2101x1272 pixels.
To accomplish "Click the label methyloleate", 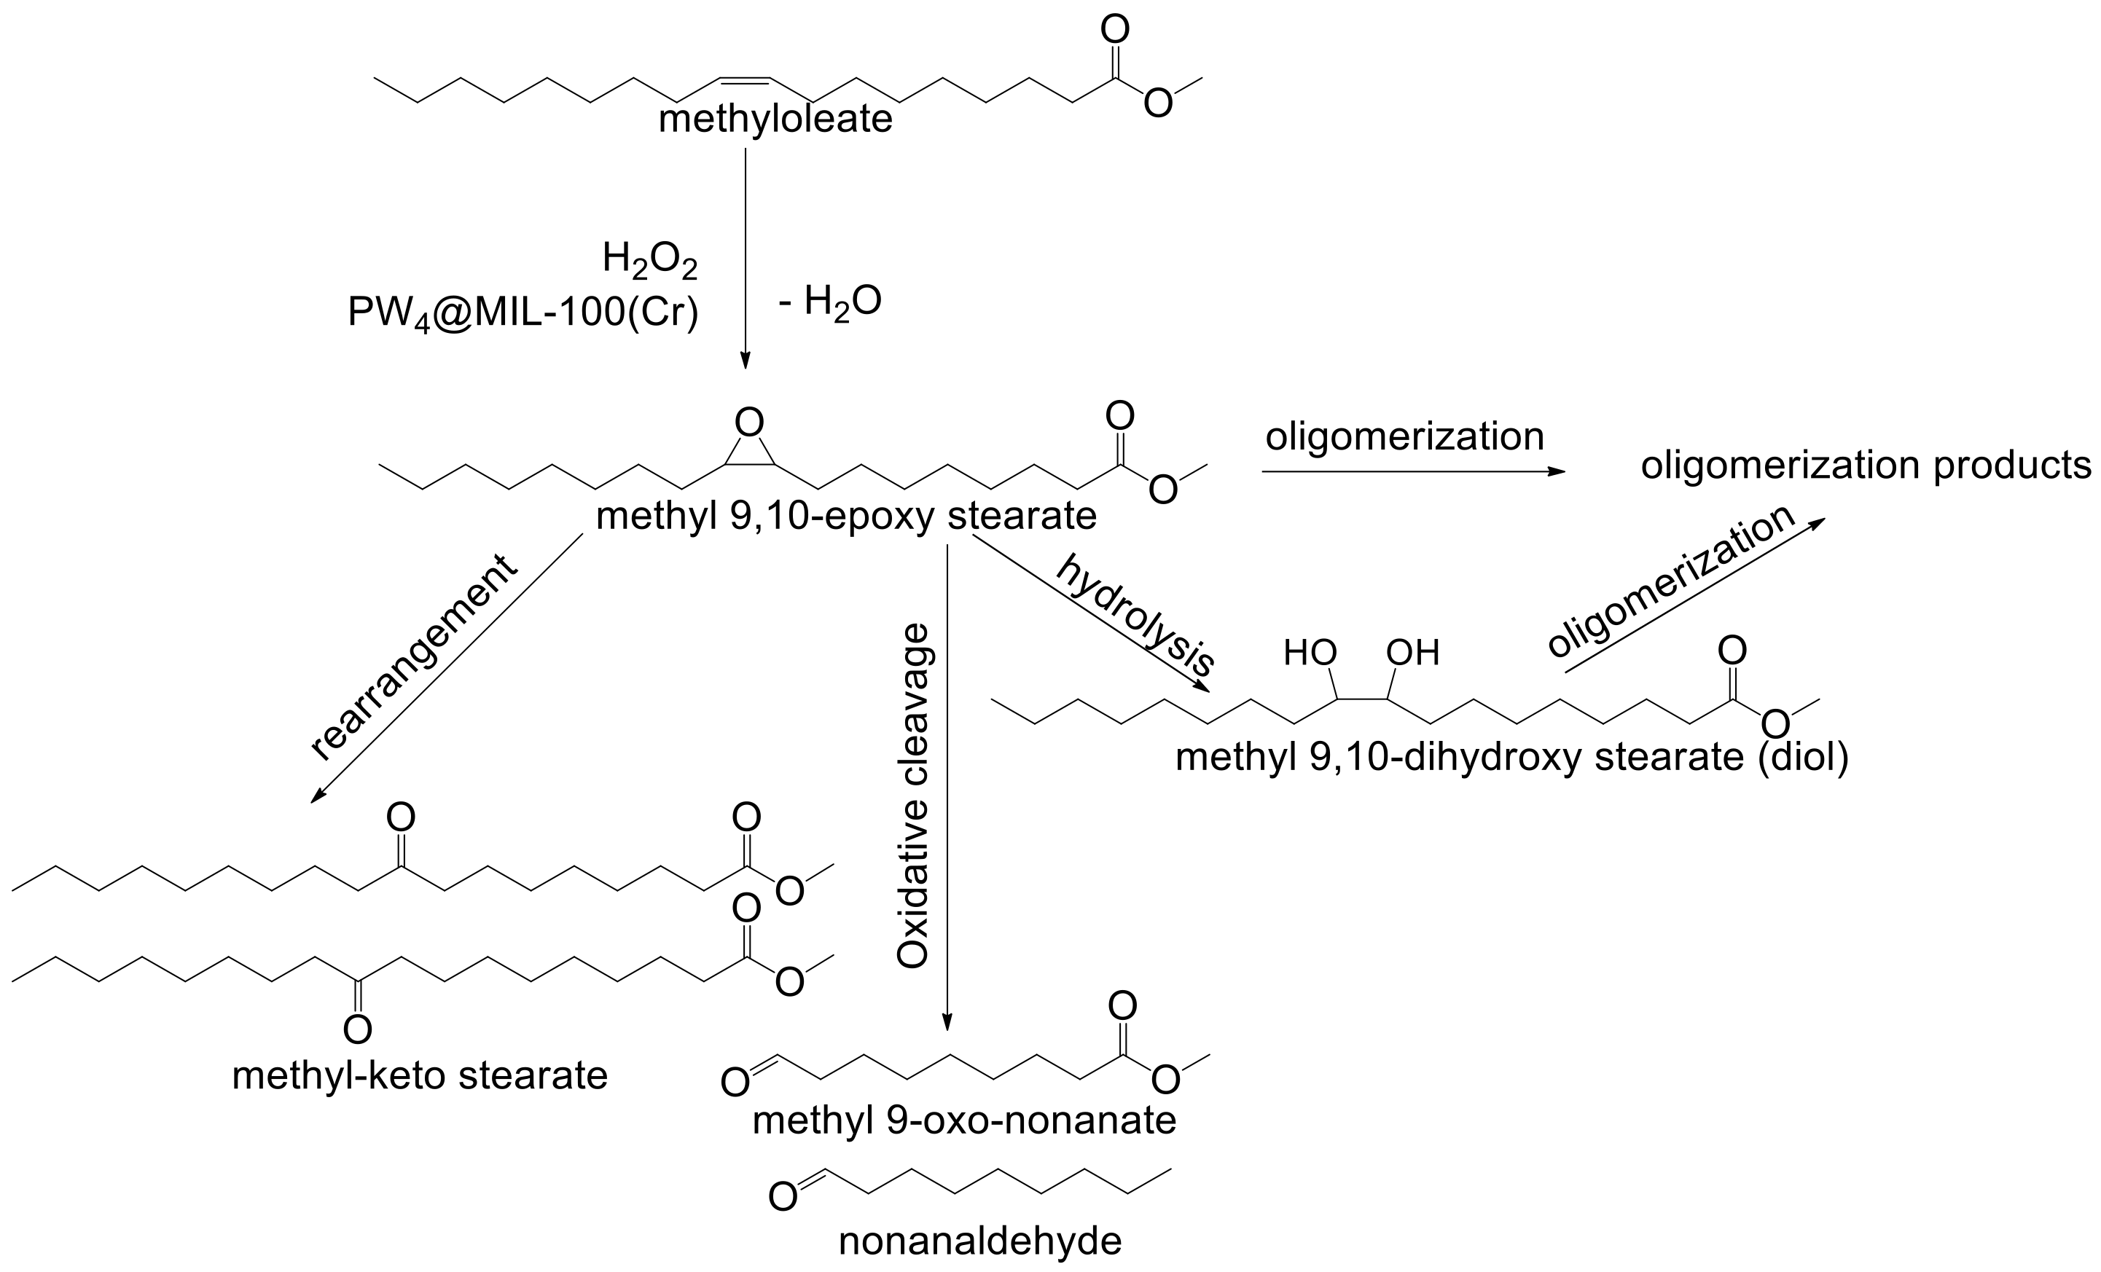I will click(x=775, y=119).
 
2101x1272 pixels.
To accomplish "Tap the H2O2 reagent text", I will click(x=650, y=259).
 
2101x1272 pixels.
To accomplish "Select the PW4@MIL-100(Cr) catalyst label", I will click(x=523, y=313).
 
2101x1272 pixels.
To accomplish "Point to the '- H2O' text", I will click(x=829, y=302).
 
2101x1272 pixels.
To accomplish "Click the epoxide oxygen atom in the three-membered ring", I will click(x=748, y=422).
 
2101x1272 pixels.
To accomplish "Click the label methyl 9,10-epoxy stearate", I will click(x=846, y=516).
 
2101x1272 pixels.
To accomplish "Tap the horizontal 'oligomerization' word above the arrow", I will click(x=1404, y=436).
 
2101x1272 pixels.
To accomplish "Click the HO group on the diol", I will click(x=1310, y=653).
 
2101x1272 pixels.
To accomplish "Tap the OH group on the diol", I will click(x=1413, y=653).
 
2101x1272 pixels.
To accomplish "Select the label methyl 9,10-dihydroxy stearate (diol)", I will click(x=1511, y=757).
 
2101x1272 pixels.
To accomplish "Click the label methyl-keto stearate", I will click(x=420, y=1076).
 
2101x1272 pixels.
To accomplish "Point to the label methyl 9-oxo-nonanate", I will click(x=963, y=1120).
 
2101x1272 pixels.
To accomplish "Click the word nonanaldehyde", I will click(x=979, y=1241).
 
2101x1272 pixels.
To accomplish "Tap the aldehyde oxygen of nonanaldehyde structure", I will click(x=782, y=1197).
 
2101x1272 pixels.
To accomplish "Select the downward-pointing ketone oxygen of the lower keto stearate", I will click(x=357, y=1031).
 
